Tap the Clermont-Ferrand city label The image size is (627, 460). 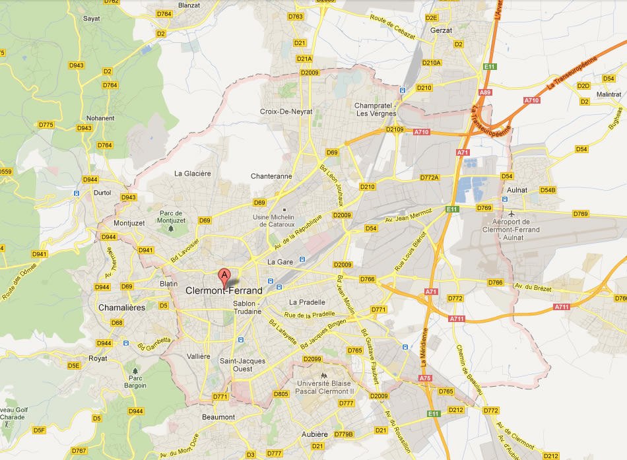[224, 290]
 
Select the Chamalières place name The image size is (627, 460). [121, 308]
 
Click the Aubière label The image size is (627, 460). [314, 434]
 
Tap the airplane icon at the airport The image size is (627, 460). [511, 214]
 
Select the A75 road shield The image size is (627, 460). [426, 378]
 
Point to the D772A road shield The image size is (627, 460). [429, 178]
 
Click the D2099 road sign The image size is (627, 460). [312, 359]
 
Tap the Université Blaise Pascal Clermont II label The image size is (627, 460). [326, 387]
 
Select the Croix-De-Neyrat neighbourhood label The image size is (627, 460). [286, 112]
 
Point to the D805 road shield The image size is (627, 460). [280, 394]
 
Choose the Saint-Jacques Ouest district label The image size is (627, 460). [242, 365]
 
